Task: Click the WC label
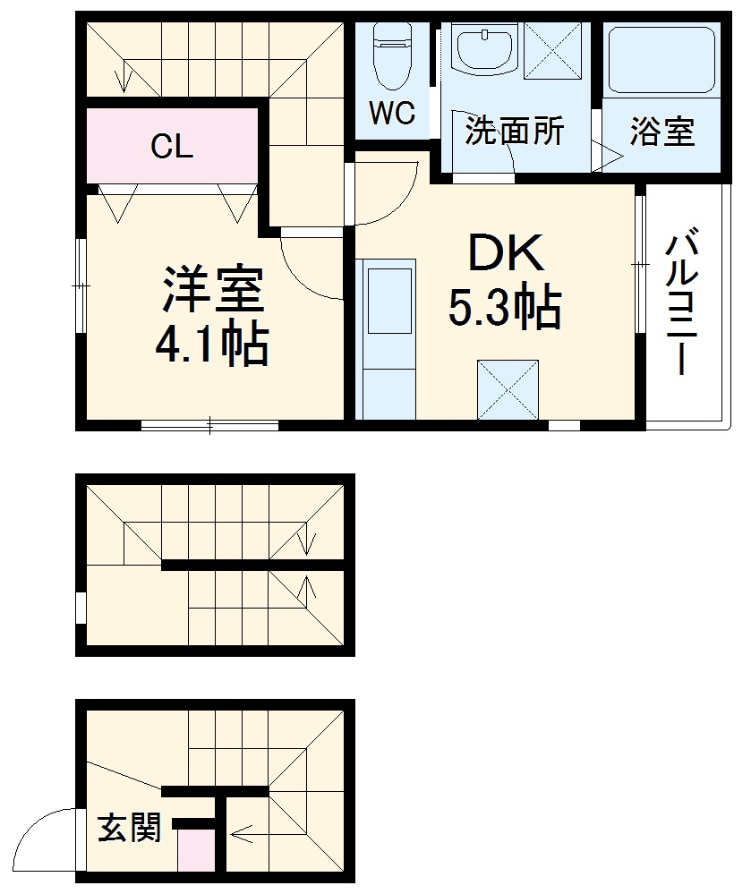(392, 114)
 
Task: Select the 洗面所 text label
(514, 132)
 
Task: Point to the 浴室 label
(661, 132)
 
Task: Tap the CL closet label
(171, 146)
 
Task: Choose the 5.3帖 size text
(504, 309)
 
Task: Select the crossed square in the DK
(508, 390)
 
